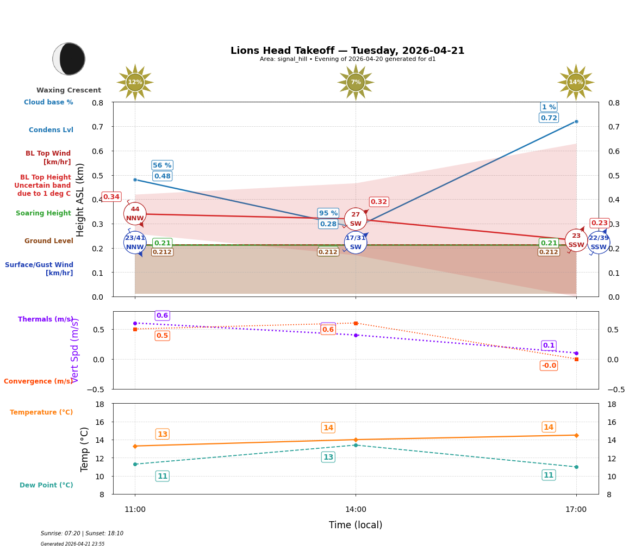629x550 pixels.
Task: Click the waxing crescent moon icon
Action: (69, 59)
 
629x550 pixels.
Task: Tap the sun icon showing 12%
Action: (135, 82)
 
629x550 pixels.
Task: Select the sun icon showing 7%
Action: (356, 82)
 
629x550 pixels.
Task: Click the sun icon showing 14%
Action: (576, 82)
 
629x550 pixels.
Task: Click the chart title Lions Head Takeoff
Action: (347, 51)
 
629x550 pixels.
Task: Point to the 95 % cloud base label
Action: (328, 213)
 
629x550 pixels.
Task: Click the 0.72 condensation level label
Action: (549, 118)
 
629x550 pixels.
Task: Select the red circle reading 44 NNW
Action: (135, 214)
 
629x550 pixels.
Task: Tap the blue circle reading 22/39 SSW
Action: (599, 243)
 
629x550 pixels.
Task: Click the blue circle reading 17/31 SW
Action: (356, 243)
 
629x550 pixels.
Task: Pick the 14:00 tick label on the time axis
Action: (356, 510)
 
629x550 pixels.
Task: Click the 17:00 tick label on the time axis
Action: (576, 510)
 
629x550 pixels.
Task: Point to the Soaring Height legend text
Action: (43, 213)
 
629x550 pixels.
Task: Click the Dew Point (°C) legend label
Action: (46, 485)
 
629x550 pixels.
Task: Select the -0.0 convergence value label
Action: (549, 366)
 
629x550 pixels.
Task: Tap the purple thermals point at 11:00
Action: (135, 323)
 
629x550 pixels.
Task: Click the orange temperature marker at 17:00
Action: (576, 435)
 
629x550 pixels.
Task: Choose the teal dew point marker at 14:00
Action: (356, 445)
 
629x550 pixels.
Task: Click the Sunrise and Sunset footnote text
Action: (82, 534)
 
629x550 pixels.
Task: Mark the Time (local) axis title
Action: (356, 525)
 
